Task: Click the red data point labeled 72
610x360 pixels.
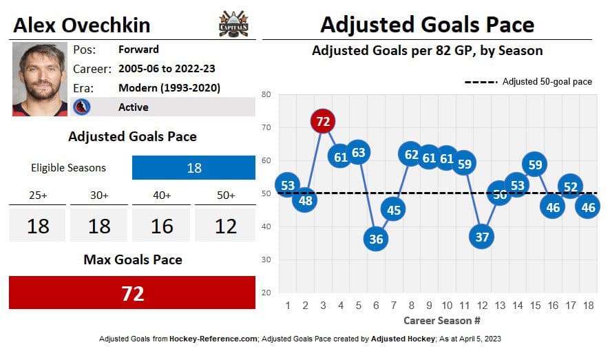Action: pyautogui.click(x=323, y=122)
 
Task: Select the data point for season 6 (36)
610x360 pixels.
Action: pyautogui.click(x=376, y=239)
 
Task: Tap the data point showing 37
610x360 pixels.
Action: pyautogui.click(x=482, y=237)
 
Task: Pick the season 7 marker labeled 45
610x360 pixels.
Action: pyautogui.click(x=394, y=209)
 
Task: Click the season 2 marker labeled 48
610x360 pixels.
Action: pyautogui.click(x=305, y=200)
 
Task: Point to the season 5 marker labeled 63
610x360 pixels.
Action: pyautogui.click(x=358, y=152)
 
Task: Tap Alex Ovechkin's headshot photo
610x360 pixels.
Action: pyautogui.click(x=40, y=78)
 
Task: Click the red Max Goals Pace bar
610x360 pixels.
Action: pyautogui.click(x=132, y=293)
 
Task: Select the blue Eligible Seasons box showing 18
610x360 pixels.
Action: pyautogui.click(x=193, y=167)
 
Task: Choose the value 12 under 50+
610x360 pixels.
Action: pyautogui.click(x=225, y=226)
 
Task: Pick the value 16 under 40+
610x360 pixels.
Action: pyautogui.click(x=162, y=226)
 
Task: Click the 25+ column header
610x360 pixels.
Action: pyautogui.click(x=37, y=195)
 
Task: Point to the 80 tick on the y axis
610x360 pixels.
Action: pyautogui.click(x=266, y=94)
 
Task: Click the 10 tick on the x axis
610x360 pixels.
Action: pyautogui.click(x=447, y=305)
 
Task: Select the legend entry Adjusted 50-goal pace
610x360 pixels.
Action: pyautogui.click(x=547, y=81)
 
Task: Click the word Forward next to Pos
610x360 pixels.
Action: pyautogui.click(x=138, y=50)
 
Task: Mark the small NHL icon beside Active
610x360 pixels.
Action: pyautogui.click(x=81, y=107)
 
